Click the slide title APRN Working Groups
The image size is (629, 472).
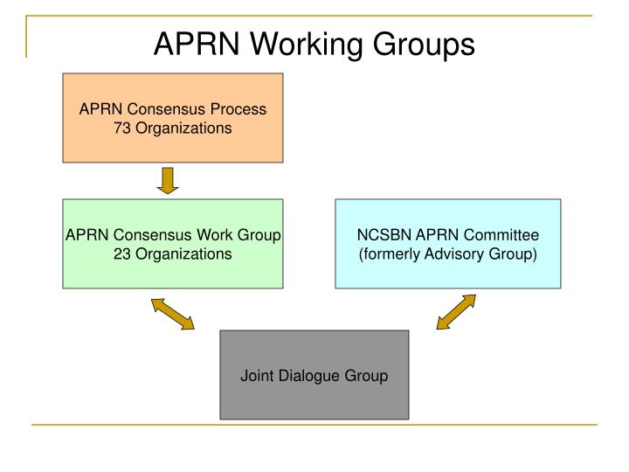[x=314, y=44]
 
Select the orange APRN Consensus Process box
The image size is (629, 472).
[x=173, y=117]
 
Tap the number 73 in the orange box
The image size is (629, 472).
[x=123, y=128]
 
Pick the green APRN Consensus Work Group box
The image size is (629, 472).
[x=173, y=243]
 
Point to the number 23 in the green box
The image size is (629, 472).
[x=123, y=254]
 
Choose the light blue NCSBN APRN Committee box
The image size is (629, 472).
[x=448, y=243]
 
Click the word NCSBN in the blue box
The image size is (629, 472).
[x=381, y=236]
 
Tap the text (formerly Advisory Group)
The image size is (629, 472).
[x=448, y=254]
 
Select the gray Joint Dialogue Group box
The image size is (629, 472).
[x=314, y=374]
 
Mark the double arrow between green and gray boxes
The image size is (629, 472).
[x=173, y=314]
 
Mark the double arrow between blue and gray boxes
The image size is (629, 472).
[x=456, y=312]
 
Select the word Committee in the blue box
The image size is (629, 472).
[x=508, y=236]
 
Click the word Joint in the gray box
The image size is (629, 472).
[x=257, y=377]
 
